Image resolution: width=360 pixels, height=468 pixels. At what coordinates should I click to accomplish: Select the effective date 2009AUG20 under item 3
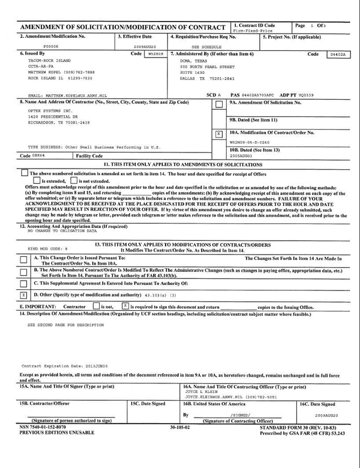coord(145,45)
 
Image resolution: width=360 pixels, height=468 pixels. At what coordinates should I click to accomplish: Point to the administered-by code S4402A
coord(338,54)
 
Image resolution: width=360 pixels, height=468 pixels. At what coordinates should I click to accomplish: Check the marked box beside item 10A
coord(219,133)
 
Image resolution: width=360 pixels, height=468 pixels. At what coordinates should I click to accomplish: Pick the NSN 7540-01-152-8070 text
coord(44,427)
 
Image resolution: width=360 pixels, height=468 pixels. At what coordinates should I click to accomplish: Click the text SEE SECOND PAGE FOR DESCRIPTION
coord(65,324)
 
